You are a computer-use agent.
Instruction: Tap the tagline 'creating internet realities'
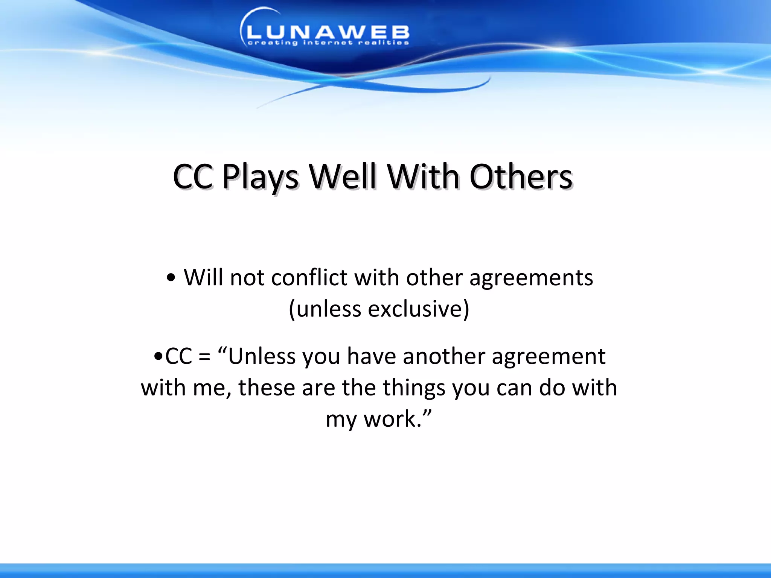pyautogui.click(x=328, y=43)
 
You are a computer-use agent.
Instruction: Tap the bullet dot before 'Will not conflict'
pyautogui.click(x=171, y=279)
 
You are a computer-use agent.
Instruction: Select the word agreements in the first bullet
pyautogui.click(x=531, y=278)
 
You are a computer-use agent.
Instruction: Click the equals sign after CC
pyautogui.click(x=204, y=357)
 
